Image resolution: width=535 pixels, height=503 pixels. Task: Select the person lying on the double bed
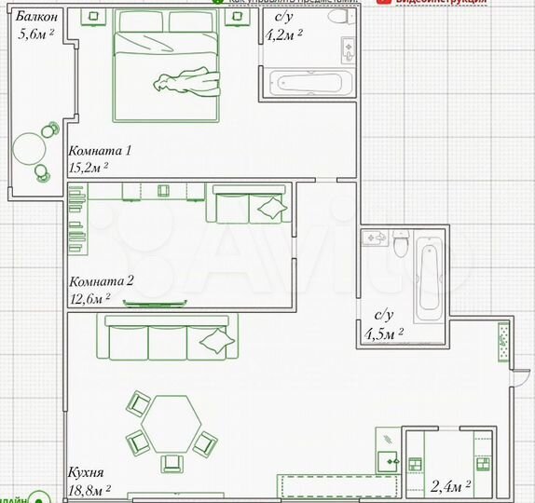point(190,82)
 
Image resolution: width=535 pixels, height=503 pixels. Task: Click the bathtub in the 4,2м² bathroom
point(311,84)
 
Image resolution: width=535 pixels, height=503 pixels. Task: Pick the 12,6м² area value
point(89,298)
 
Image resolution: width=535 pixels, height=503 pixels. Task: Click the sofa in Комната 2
point(247,205)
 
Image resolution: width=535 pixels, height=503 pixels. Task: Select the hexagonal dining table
point(170,423)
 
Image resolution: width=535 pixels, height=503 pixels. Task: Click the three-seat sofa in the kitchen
point(168,337)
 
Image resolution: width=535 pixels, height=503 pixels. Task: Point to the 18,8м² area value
point(89,487)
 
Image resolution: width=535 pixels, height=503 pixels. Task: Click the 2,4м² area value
point(450,485)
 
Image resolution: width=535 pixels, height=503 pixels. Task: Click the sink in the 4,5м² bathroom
point(376,238)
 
